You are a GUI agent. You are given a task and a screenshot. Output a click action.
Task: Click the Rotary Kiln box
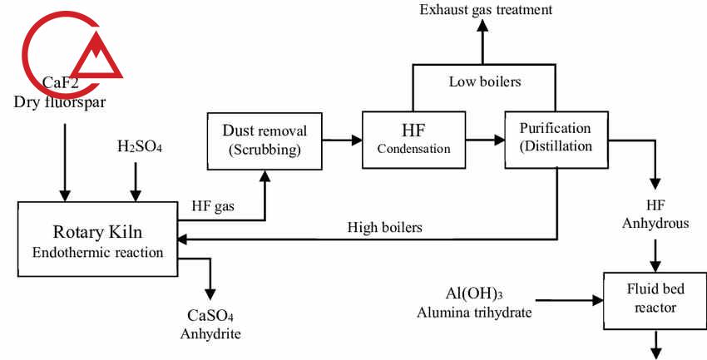pos(97,239)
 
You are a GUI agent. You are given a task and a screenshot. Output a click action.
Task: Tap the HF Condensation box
pos(414,138)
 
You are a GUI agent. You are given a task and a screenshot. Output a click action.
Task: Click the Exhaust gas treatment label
pos(486,10)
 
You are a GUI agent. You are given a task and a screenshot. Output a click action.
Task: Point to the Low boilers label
pos(485,81)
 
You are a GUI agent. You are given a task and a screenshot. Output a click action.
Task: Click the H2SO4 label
pos(140,147)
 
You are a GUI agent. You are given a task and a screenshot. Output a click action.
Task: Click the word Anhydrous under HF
pos(655,222)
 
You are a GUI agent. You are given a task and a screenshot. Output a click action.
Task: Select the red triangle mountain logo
pos(97,57)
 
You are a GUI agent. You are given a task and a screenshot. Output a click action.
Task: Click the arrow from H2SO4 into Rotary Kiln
pos(135,178)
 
